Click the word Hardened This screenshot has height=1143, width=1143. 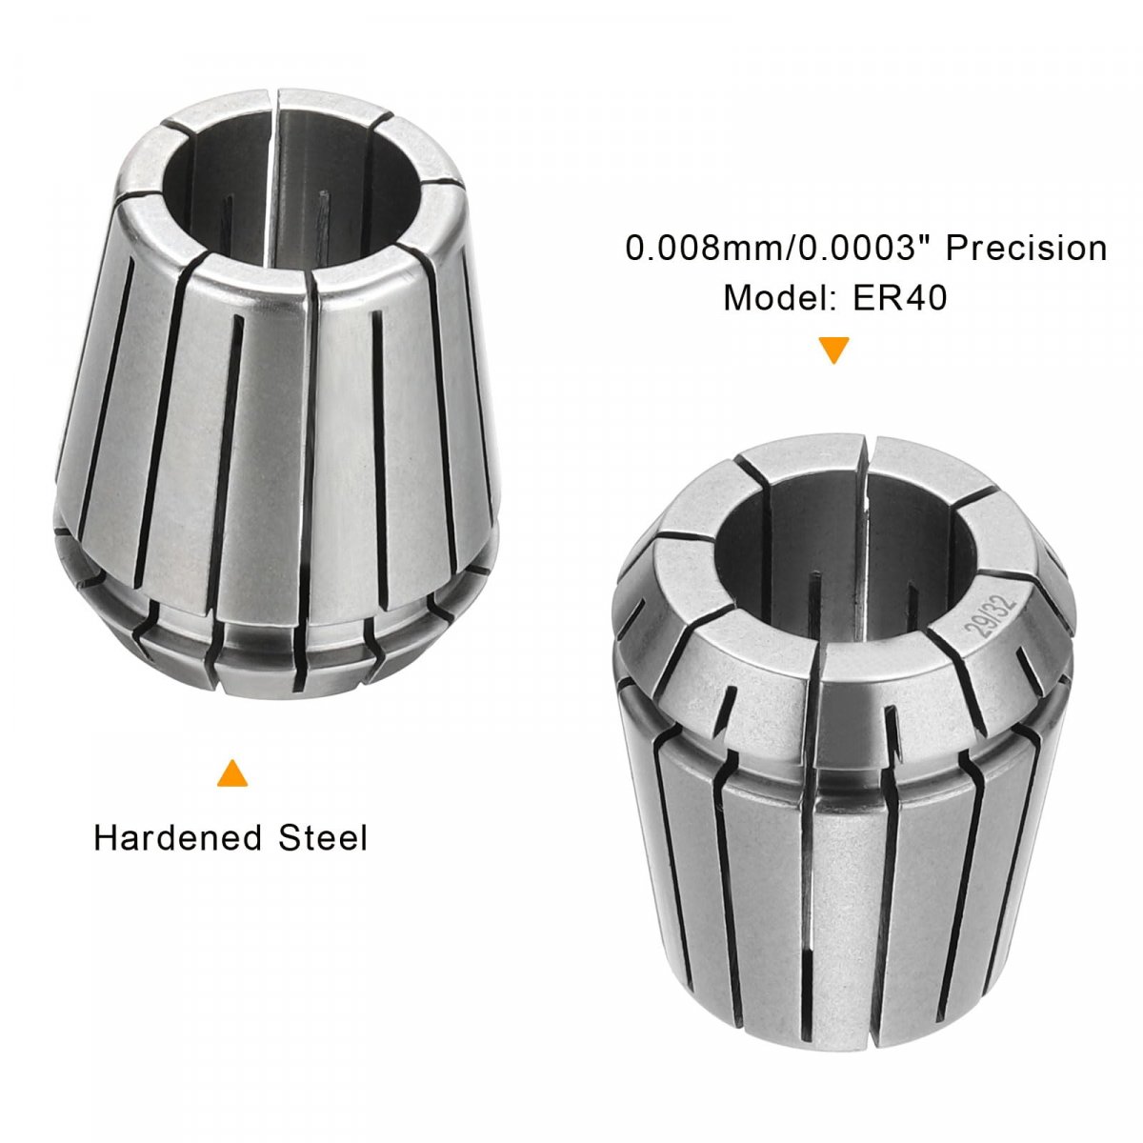(177, 838)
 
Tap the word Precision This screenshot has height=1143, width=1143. (1026, 248)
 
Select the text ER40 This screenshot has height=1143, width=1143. (899, 297)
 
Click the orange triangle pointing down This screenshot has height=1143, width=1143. (833, 350)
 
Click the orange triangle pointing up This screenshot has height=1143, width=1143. (231, 772)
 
